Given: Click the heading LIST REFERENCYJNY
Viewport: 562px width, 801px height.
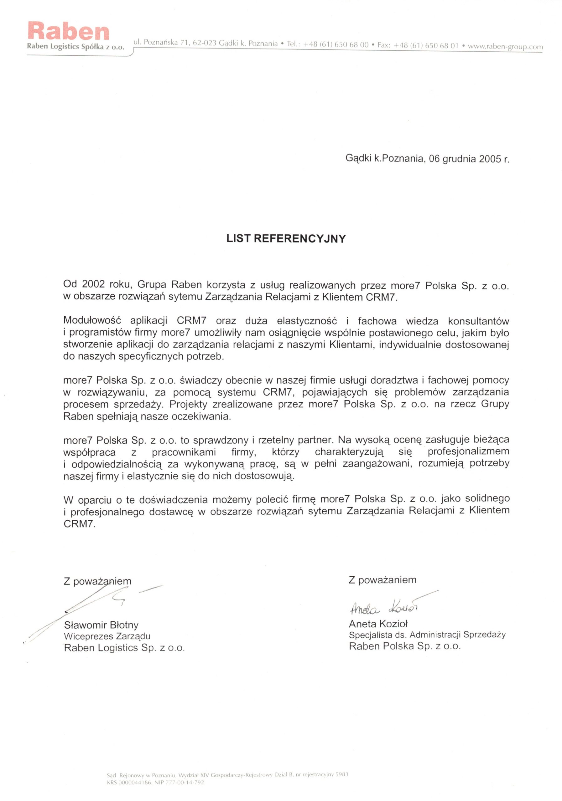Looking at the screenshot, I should (286, 239).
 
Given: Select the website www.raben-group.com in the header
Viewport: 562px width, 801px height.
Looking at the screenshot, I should (505, 46).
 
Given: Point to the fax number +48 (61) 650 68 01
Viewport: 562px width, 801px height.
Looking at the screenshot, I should (426, 45).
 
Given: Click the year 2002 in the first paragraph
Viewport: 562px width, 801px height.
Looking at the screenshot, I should (93, 284).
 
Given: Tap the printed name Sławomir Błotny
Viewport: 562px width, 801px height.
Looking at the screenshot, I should (101, 625).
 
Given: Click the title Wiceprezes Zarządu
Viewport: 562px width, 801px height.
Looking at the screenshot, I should (107, 636).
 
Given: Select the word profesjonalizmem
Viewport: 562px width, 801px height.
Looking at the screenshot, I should (468, 452).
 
